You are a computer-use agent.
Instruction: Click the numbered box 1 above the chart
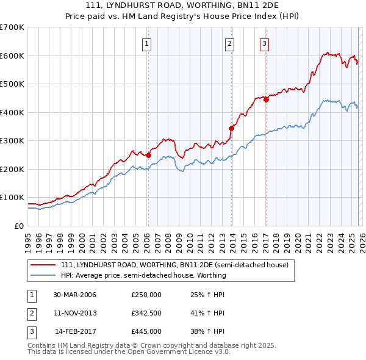click(x=148, y=43)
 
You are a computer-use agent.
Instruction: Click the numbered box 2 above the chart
click(x=229, y=43)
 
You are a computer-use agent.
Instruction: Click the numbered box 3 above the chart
click(x=265, y=43)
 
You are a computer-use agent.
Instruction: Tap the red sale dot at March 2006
click(x=148, y=155)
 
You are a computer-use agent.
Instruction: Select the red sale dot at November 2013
click(x=232, y=128)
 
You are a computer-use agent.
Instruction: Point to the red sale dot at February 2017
click(x=266, y=100)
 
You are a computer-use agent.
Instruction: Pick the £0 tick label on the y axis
click(x=18, y=226)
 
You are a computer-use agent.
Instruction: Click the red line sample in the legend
click(x=44, y=265)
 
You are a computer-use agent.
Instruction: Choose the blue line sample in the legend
click(x=44, y=276)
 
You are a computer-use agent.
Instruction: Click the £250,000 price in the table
click(x=146, y=295)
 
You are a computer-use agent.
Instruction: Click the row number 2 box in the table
click(x=30, y=313)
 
